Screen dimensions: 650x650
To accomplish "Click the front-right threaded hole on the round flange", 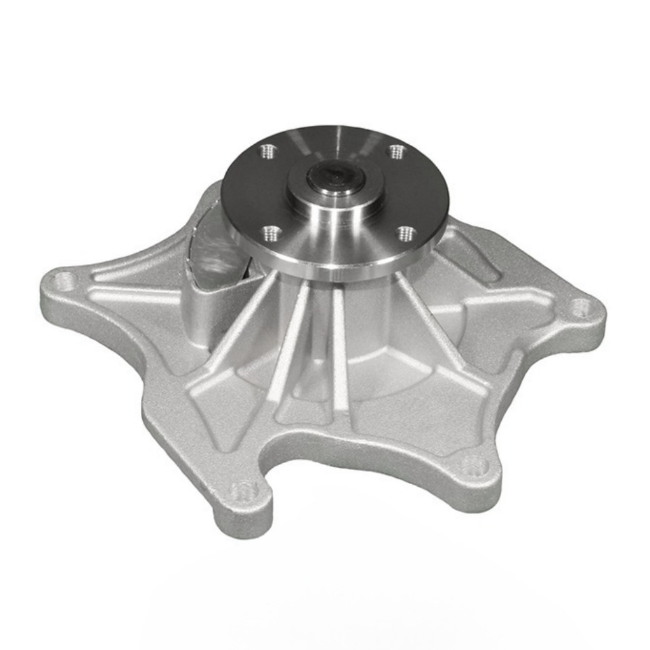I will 406,234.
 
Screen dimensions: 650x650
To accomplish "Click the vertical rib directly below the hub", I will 340,352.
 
